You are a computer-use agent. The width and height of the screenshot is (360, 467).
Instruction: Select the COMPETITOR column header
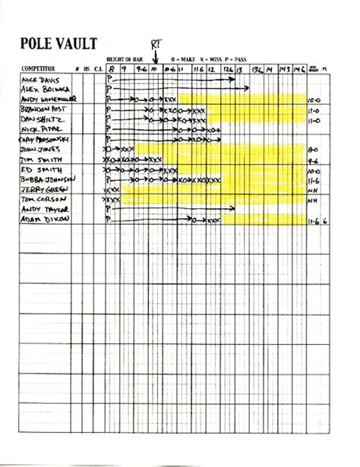37,68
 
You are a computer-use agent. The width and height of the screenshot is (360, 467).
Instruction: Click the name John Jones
41,150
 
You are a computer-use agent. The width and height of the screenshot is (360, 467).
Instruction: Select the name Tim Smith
39,160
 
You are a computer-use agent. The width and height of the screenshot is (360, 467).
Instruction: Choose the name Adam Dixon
43,219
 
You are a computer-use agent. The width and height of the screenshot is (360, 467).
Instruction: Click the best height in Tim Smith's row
312,161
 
